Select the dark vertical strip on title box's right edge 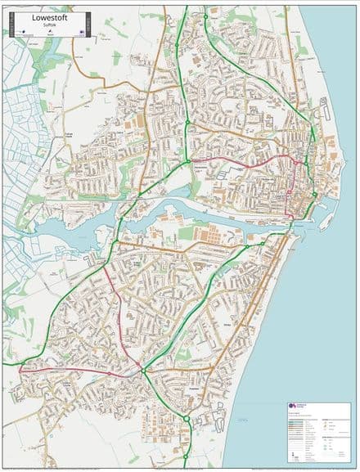click(89, 25)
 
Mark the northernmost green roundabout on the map click(205, 16)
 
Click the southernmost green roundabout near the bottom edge click(187, 420)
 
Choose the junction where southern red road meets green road click(142, 372)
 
